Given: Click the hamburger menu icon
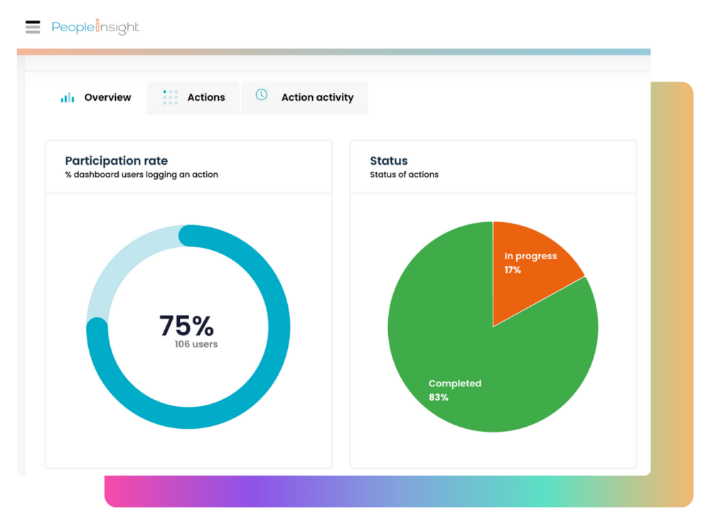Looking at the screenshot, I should tap(33, 27).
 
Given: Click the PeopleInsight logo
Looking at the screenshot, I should tap(95, 28).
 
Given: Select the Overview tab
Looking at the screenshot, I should tap(107, 97).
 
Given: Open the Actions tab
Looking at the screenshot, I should tap(206, 97).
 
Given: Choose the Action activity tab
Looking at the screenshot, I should tap(317, 97).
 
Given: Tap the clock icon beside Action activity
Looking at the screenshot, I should tap(262, 94).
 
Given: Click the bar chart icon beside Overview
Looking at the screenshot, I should tap(68, 98).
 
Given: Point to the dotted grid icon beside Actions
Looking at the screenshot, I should tap(170, 97).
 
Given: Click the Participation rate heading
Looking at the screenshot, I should tap(117, 160).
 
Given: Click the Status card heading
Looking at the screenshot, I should tap(389, 160).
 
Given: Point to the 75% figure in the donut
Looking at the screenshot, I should tap(186, 325).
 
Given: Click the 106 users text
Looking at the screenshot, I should tap(196, 344).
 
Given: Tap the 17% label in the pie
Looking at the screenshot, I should tap(513, 270).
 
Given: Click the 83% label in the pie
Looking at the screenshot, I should tap(439, 398).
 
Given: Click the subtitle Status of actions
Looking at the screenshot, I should tap(405, 175).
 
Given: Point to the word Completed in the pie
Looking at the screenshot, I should tap(455, 383).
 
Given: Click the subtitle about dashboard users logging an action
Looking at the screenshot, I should tap(141, 175).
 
